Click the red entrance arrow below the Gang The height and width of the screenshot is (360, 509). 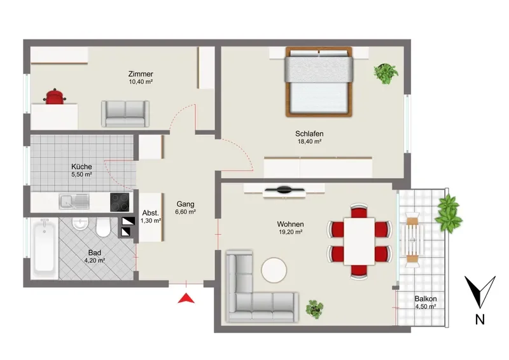[x=186, y=298]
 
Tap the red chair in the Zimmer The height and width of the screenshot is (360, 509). [x=55, y=97]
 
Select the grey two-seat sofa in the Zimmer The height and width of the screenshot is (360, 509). [x=125, y=114]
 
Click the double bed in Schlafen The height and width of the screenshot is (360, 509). [x=319, y=82]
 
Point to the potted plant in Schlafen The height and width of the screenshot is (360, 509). [x=386, y=74]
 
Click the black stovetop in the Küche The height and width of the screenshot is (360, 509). [x=120, y=202]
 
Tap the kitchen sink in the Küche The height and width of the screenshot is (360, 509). [x=74, y=202]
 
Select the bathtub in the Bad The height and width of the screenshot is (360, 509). [x=45, y=248]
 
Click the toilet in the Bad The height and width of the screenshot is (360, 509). [x=103, y=227]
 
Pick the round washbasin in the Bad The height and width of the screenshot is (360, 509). [x=80, y=223]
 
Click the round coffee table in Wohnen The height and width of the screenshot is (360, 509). [x=274, y=270]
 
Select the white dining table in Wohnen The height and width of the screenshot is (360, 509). [x=359, y=241]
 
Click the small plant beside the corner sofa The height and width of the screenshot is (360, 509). [x=314, y=308]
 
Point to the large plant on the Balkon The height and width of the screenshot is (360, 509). [x=449, y=213]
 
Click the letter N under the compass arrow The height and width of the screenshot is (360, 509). [x=480, y=320]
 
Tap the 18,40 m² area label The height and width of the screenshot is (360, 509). [x=309, y=142]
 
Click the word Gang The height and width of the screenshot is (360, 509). [x=185, y=205]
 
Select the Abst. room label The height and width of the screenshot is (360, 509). [x=151, y=213]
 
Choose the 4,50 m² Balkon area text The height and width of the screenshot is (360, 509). [x=425, y=307]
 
